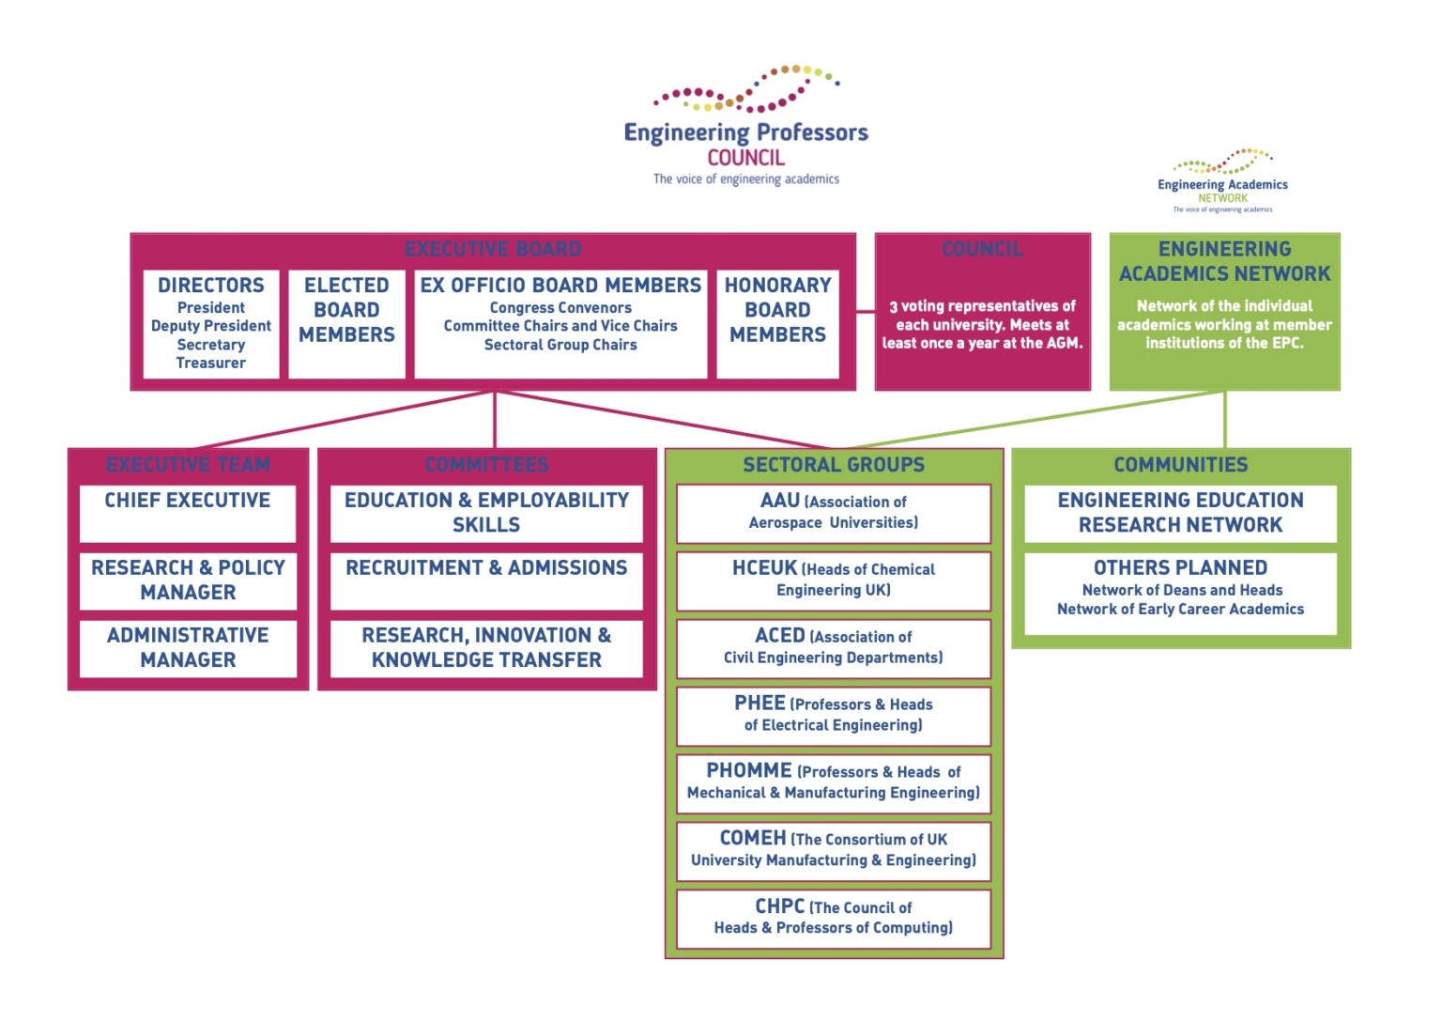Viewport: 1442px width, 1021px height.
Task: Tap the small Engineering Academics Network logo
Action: point(1222,181)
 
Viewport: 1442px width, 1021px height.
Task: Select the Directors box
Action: point(211,324)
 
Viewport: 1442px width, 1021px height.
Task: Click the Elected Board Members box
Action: point(346,324)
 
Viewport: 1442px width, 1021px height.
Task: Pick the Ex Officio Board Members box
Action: point(560,324)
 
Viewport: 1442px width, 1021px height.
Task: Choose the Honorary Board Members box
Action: point(777,324)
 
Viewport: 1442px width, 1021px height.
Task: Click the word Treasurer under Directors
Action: point(211,364)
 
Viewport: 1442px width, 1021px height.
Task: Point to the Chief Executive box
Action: point(188,513)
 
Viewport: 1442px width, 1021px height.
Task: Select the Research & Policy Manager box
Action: point(188,580)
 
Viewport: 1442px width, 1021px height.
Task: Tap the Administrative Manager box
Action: point(188,648)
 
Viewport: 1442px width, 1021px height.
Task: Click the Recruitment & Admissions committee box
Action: point(486,580)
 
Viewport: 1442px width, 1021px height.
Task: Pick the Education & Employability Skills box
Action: point(486,513)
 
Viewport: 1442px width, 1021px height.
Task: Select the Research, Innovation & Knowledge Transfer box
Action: point(486,648)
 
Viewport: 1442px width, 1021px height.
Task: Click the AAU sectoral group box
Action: point(834,513)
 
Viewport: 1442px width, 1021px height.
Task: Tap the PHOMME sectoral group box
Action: point(834,782)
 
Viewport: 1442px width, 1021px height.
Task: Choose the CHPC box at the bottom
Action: point(834,918)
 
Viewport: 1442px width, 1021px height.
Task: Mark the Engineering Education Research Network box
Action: point(1180,513)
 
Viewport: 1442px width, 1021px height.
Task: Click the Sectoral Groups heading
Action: point(834,465)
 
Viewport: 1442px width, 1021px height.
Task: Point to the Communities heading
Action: point(1180,465)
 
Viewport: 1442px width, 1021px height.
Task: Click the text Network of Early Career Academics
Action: point(1180,610)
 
